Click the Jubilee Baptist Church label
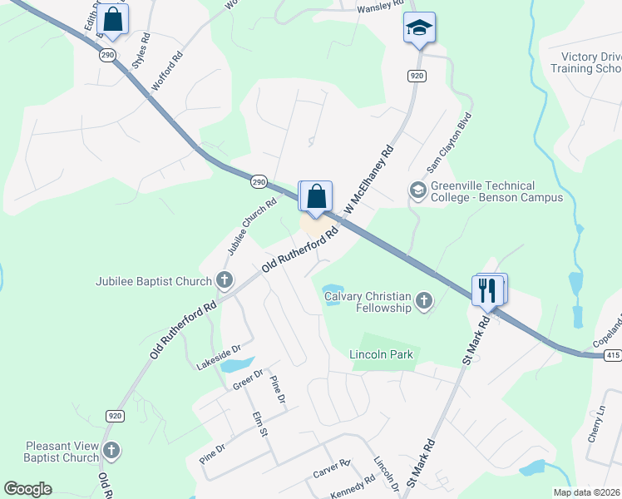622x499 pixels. (x=154, y=281)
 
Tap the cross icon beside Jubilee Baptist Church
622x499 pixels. (x=224, y=281)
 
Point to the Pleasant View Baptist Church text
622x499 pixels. (x=62, y=452)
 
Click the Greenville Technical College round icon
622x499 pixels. (x=417, y=191)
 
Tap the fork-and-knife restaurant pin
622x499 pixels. (x=487, y=290)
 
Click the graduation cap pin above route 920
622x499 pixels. (x=419, y=28)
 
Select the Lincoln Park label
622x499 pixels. (x=381, y=355)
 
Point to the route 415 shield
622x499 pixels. (x=612, y=355)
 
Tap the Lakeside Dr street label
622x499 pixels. (x=218, y=358)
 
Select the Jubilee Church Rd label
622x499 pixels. (x=252, y=227)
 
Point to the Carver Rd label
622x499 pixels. (x=332, y=468)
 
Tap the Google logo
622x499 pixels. (x=28, y=489)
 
